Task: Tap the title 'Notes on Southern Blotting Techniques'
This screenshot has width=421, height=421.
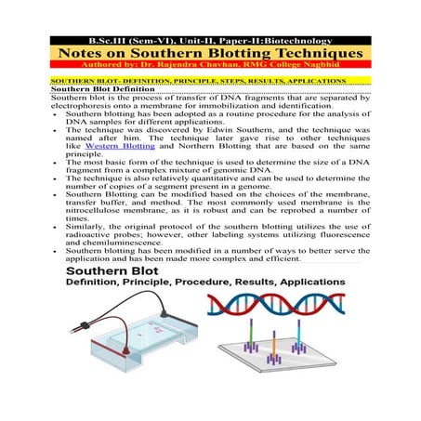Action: (210, 54)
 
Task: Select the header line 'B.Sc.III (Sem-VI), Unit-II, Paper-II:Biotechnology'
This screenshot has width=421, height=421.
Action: (210, 41)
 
